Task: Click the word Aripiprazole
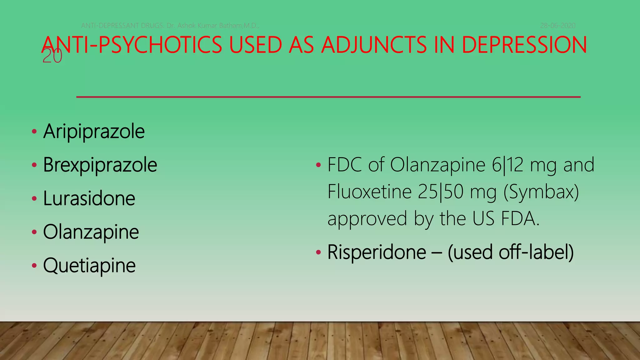(x=94, y=132)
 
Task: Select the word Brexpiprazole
(x=100, y=165)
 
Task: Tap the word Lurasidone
(x=89, y=198)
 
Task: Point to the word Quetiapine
(x=89, y=266)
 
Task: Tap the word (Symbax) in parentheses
(x=541, y=192)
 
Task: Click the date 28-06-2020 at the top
(x=558, y=26)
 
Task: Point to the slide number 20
(x=52, y=57)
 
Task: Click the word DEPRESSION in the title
(x=524, y=45)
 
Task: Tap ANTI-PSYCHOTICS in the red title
(x=132, y=45)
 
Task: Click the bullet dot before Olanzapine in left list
(x=34, y=232)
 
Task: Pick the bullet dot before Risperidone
(x=318, y=252)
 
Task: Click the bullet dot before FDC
(x=318, y=165)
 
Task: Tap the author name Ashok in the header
(x=186, y=26)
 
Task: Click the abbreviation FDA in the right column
(x=520, y=218)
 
